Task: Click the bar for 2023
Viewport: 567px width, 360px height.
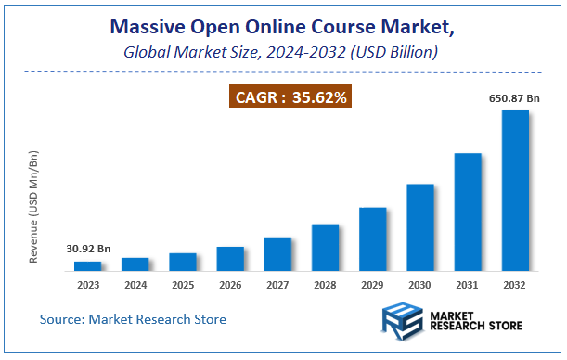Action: click(x=88, y=266)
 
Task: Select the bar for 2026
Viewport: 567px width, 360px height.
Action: click(x=230, y=259)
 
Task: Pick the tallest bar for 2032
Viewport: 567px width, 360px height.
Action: click(x=515, y=191)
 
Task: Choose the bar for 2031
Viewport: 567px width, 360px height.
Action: click(x=468, y=212)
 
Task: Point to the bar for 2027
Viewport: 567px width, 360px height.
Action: click(x=278, y=254)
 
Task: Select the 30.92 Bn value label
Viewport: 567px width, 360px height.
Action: click(x=88, y=249)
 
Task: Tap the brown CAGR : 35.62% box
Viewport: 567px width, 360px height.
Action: click(x=290, y=96)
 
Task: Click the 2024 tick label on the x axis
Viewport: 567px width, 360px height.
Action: click(x=135, y=284)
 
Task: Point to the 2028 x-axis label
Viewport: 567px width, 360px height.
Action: click(x=326, y=284)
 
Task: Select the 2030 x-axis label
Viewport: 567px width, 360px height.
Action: click(x=420, y=284)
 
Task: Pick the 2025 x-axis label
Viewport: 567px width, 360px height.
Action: click(x=183, y=284)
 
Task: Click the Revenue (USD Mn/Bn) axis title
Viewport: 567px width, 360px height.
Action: click(x=34, y=206)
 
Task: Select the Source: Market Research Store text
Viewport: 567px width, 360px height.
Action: click(x=133, y=319)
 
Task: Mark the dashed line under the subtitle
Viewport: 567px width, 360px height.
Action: click(x=283, y=72)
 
